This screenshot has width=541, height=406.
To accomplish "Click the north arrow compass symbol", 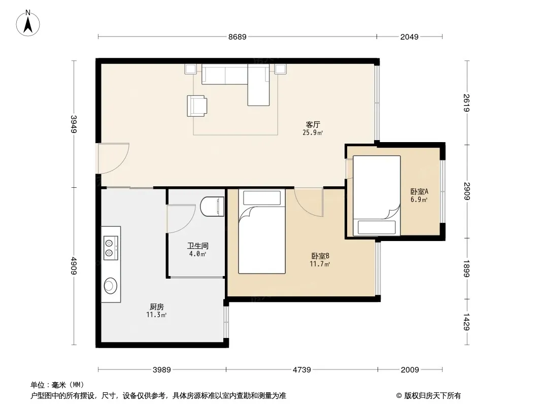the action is (x=28, y=23).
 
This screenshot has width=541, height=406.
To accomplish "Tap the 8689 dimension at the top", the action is (x=238, y=37).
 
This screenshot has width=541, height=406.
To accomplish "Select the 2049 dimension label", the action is (x=409, y=37).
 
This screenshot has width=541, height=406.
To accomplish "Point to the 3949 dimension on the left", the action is (x=74, y=124).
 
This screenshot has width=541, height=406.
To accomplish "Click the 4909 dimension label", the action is (x=74, y=265).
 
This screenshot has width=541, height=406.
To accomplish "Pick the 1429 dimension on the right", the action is (x=466, y=321).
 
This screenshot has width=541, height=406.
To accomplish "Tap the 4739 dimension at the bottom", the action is (x=302, y=370).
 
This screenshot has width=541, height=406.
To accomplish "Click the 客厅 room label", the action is (x=313, y=124).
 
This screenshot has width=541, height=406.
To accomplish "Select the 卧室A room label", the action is (x=419, y=191).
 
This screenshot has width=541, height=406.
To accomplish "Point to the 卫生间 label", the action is (x=198, y=246).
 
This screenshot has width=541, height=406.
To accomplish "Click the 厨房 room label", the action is (x=157, y=307).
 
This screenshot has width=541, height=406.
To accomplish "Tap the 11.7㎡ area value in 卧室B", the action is (x=320, y=264).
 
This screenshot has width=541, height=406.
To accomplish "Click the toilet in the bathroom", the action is (x=212, y=206).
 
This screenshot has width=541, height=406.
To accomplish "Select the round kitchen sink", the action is (x=111, y=286).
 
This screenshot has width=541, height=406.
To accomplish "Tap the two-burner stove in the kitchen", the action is (x=111, y=248).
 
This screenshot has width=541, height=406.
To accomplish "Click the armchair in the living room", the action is (x=197, y=106).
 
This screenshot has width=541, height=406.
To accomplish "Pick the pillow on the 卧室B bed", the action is (x=262, y=198).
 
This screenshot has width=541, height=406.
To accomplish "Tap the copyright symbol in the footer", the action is (x=399, y=396).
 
